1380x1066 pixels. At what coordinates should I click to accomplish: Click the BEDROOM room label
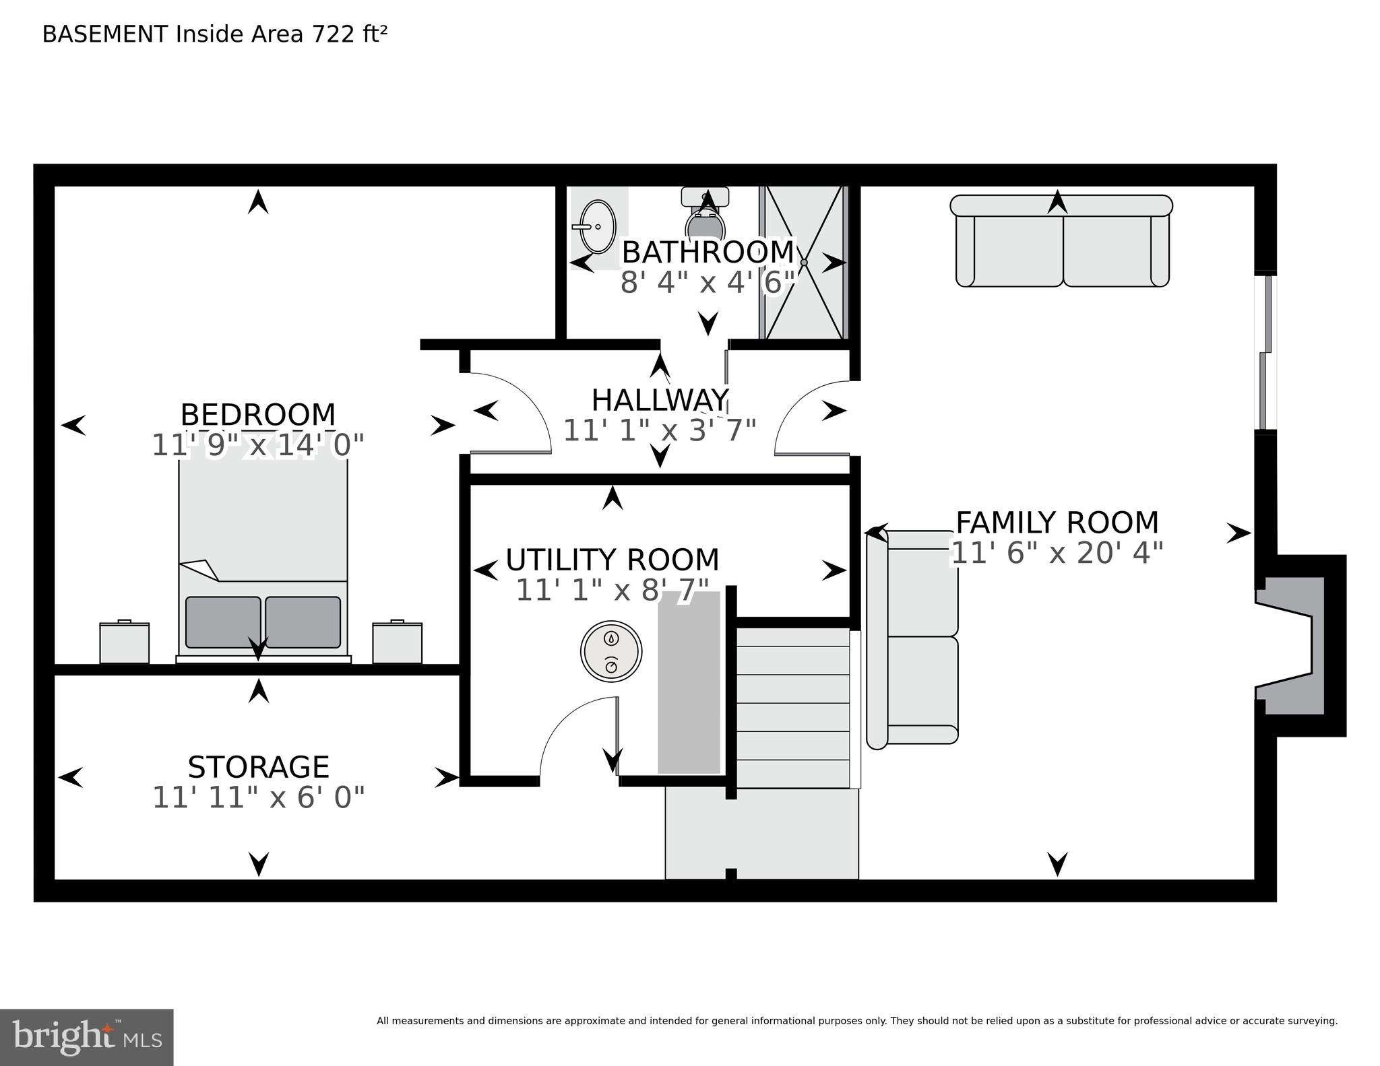(x=258, y=415)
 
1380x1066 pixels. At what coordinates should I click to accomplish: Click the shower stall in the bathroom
(x=803, y=263)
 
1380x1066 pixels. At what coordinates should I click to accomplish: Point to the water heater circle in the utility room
(x=611, y=651)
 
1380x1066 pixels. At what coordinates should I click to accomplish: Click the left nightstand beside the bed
(x=125, y=642)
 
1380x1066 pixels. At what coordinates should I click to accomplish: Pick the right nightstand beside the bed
(x=398, y=642)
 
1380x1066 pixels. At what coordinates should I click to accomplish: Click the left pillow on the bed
(x=223, y=622)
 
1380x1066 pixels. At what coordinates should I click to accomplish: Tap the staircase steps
(x=793, y=707)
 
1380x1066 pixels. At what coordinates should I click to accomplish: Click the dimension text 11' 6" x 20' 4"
(x=1057, y=554)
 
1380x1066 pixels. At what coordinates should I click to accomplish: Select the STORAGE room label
(x=259, y=768)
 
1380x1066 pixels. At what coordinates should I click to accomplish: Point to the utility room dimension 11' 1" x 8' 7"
(x=612, y=591)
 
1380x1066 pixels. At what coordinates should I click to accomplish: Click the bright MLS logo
(x=86, y=1037)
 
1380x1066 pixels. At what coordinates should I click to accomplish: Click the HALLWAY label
(x=660, y=401)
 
